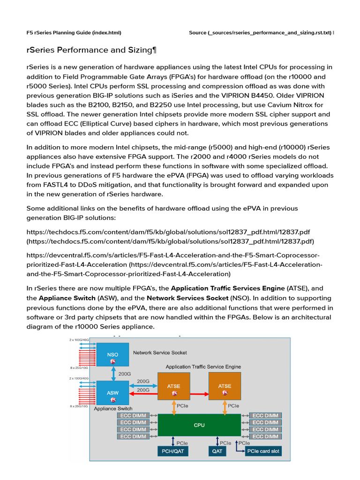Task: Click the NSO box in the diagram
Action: click(x=112, y=354)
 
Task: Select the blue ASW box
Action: click(x=112, y=393)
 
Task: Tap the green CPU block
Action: click(x=199, y=426)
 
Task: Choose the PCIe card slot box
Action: click(x=263, y=452)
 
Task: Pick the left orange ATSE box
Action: click(x=174, y=386)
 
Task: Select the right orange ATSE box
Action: click(x=225, y=386)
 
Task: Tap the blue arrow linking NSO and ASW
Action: click(x=112, y=374)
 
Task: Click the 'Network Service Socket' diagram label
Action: click(x=160, y=352)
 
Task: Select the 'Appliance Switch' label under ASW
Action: click(x=113, y=409)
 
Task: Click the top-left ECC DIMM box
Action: click(x=133, y=416)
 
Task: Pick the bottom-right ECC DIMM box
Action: click(x=265, y=436)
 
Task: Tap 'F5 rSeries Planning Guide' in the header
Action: click(x=59, y=33)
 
